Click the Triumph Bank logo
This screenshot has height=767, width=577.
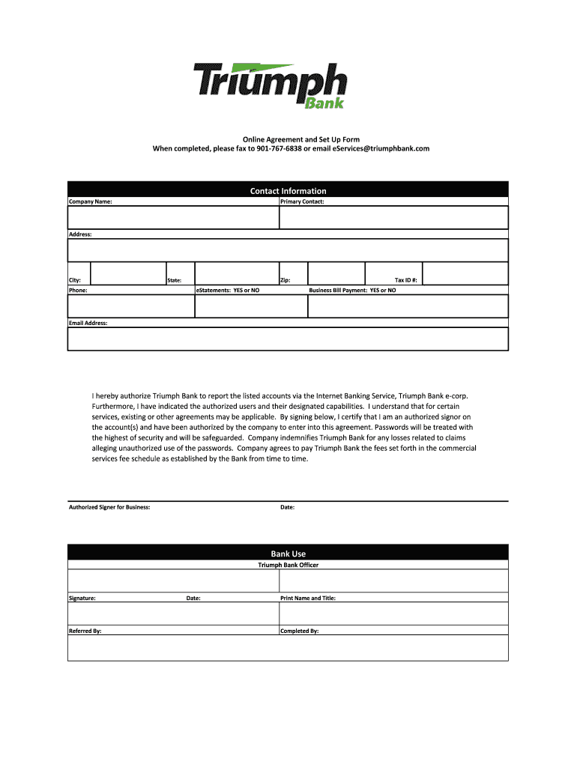[x=271, y=85]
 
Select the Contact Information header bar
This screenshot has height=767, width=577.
[x=288, y=190]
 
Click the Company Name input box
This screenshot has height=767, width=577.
[x=173, y=217]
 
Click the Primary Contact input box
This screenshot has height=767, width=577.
[x=393, y=217]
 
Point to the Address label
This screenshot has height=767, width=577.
[x=80, y=234]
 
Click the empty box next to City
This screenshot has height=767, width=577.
[x=128, y=272]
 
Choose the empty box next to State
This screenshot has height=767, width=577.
[x=236, y=272]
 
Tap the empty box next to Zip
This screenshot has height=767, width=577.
[x=336, y=272]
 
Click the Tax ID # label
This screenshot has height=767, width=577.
[x=405, y=280]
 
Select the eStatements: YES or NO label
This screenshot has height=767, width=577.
[x=228, y=290]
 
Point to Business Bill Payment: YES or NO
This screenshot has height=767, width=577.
[x=353, y=290]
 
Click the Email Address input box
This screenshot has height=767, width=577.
[x=288, y=339]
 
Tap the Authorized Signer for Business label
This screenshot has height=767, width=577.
[x=109, y=507]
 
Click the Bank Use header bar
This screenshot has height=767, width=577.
[x=288, y=554]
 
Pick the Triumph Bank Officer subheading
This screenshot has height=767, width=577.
[x=288, y=565]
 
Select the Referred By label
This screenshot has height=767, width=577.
[x=85, y=631]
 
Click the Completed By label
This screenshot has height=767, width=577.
[x=300, y=631]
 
